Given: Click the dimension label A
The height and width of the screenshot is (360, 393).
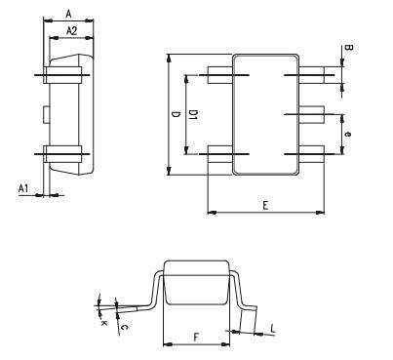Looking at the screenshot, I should (x=67, y=12).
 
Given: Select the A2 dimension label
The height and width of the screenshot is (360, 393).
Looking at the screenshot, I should (x=71, y=31).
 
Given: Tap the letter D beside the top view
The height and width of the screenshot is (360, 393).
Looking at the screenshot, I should (x=176, y=114).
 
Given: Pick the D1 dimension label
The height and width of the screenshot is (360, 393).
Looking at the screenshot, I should (x=194, y=114).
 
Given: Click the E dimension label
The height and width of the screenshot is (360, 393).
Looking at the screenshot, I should (x=265, y=206).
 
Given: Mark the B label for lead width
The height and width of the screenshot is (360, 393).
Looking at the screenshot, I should (x=348, y=48).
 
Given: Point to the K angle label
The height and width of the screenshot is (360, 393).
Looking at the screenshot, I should (x=103, y=321).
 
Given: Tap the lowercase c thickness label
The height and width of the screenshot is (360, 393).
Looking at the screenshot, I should (x=123, y=327).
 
